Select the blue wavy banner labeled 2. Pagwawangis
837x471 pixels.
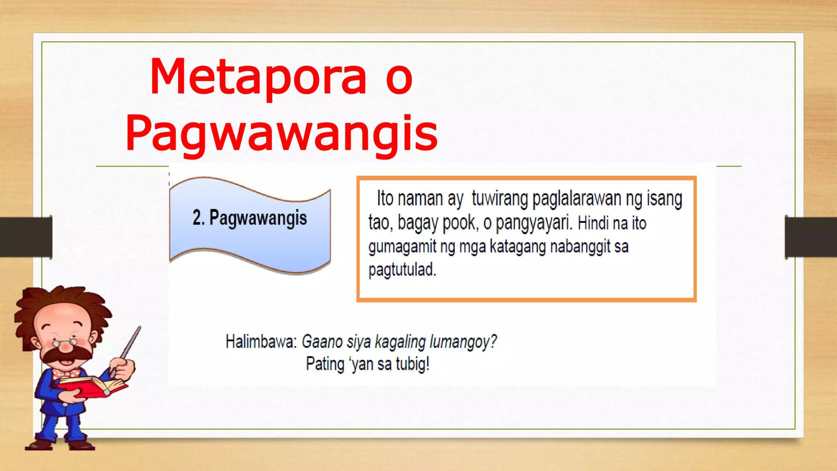[250, 225]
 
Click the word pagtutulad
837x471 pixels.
[402, 270]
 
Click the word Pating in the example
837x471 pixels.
[325, 364]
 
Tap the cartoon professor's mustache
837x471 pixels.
[67, 354]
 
